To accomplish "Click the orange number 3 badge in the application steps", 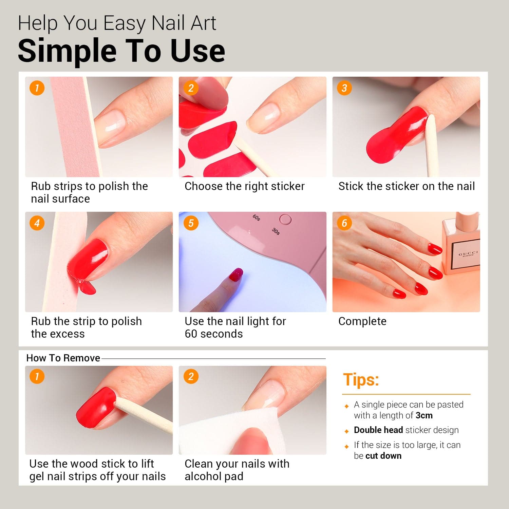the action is tap(344, 88).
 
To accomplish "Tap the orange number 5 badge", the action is tap(191, 223).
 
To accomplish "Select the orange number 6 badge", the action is tap(344, 223).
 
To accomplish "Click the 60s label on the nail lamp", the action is tap(257, 218).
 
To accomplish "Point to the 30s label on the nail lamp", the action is tap(276, 231).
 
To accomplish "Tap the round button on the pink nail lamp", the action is tap(285, 220).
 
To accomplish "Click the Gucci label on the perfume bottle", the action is tap(468, 254).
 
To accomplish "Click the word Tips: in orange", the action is tap(361, 379).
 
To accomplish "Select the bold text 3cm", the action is tap(424, 415).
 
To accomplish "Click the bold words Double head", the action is tap(378, 430).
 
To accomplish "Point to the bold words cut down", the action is tap(383, 456).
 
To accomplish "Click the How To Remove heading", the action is tap(63, 358).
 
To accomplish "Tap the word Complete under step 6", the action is tap(362, 321).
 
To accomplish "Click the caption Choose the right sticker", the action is tap(245, 186).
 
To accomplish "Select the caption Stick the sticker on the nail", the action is tap(407, 186).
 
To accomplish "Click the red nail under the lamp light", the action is tap(236, 275).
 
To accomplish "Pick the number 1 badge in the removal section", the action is tap(37, 376).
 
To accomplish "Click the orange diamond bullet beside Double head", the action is tap(346, 431).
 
